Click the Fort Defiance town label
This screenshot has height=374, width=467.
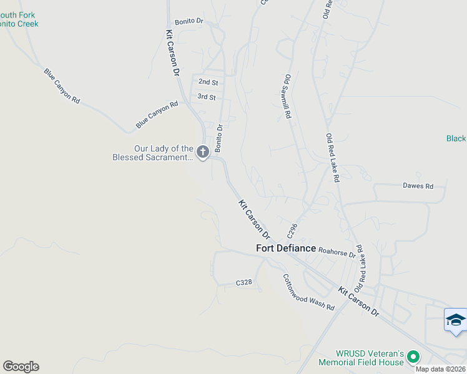(x=287, y=248)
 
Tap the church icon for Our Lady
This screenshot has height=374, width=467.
(x=202, y=151)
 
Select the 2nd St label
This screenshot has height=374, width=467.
(x=208, y=82)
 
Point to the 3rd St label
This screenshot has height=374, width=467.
(x=206, y=97)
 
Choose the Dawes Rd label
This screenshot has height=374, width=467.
(x=418, y=186)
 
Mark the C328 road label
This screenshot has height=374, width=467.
(x=243, y=282)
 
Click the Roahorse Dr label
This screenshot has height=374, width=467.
(x=337, y=251)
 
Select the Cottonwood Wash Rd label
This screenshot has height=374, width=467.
(x=308, y=293)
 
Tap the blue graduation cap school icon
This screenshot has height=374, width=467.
(x=456, y=320)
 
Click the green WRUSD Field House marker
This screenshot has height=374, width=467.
(x=413, y=357)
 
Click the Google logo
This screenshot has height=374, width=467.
(x=21, y=367)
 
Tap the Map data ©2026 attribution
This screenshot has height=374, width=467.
(x=440, y=369)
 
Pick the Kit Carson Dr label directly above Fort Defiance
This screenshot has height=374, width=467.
(x=254, y=219)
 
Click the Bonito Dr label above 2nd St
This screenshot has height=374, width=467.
(x=189, y=21)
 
